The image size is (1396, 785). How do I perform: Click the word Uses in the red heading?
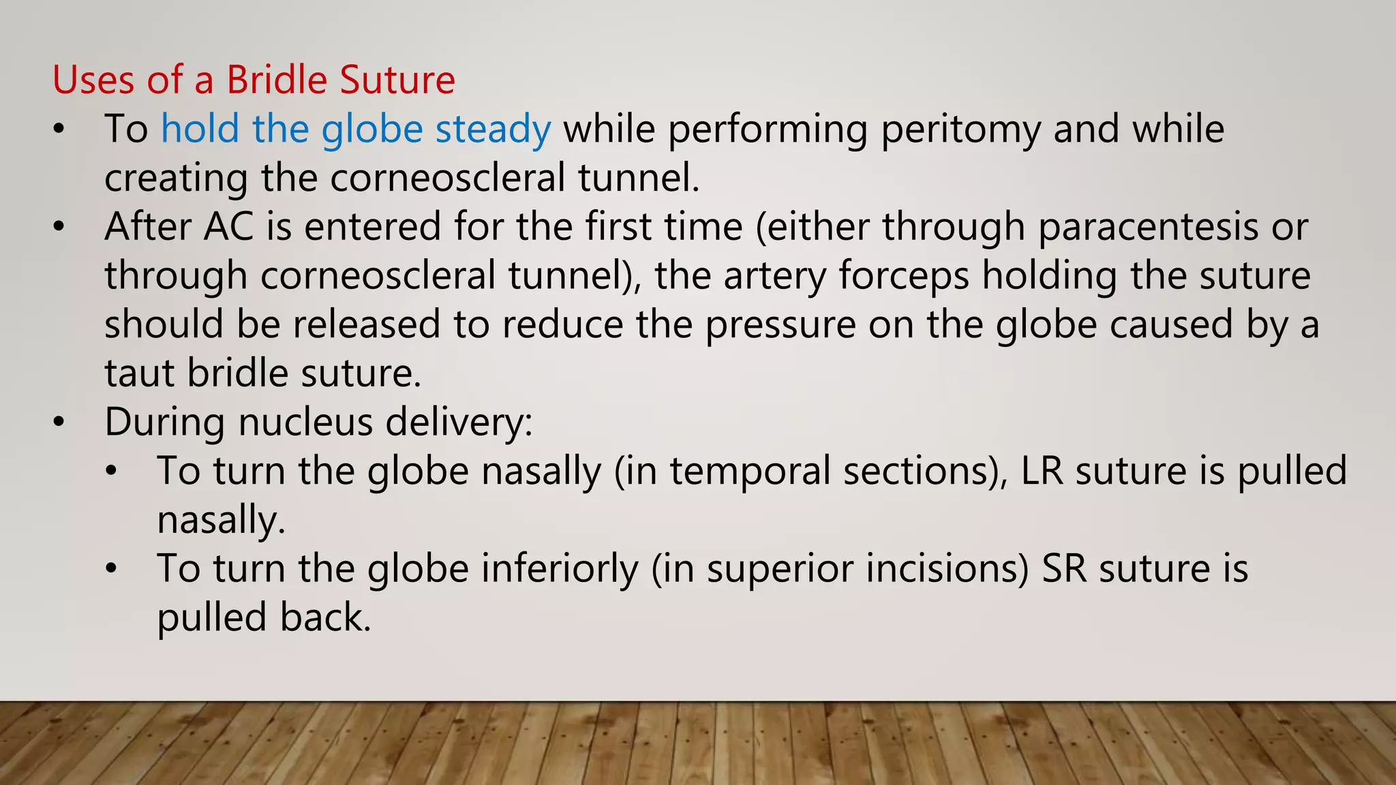pyautogui.click(x=93, y=80)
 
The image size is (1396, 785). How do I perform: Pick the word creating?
pyautogui.click(x=176, y=179)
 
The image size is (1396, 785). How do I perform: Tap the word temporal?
pyautogui.click(x=750, y=471)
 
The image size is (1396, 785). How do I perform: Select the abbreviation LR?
pyautogui.click(x=1042, y=471)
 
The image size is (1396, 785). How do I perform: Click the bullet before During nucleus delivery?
pyautogui.click(x=59, y=422)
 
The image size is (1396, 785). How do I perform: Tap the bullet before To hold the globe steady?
pyautogui.click(x=59, y=129)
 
